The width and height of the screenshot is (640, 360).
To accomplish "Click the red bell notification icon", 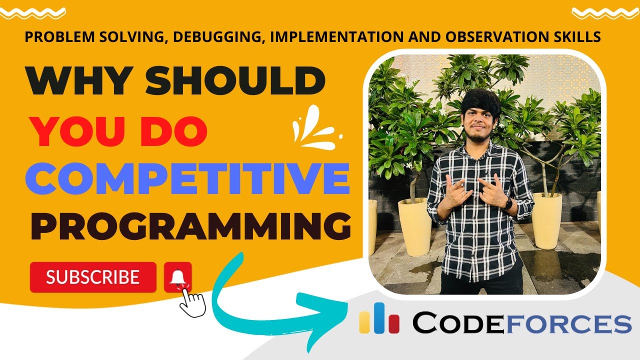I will pyautogui.click(x=177, y=276).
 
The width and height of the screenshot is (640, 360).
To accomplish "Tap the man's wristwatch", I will pyautogui.click(x=507, y=203).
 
